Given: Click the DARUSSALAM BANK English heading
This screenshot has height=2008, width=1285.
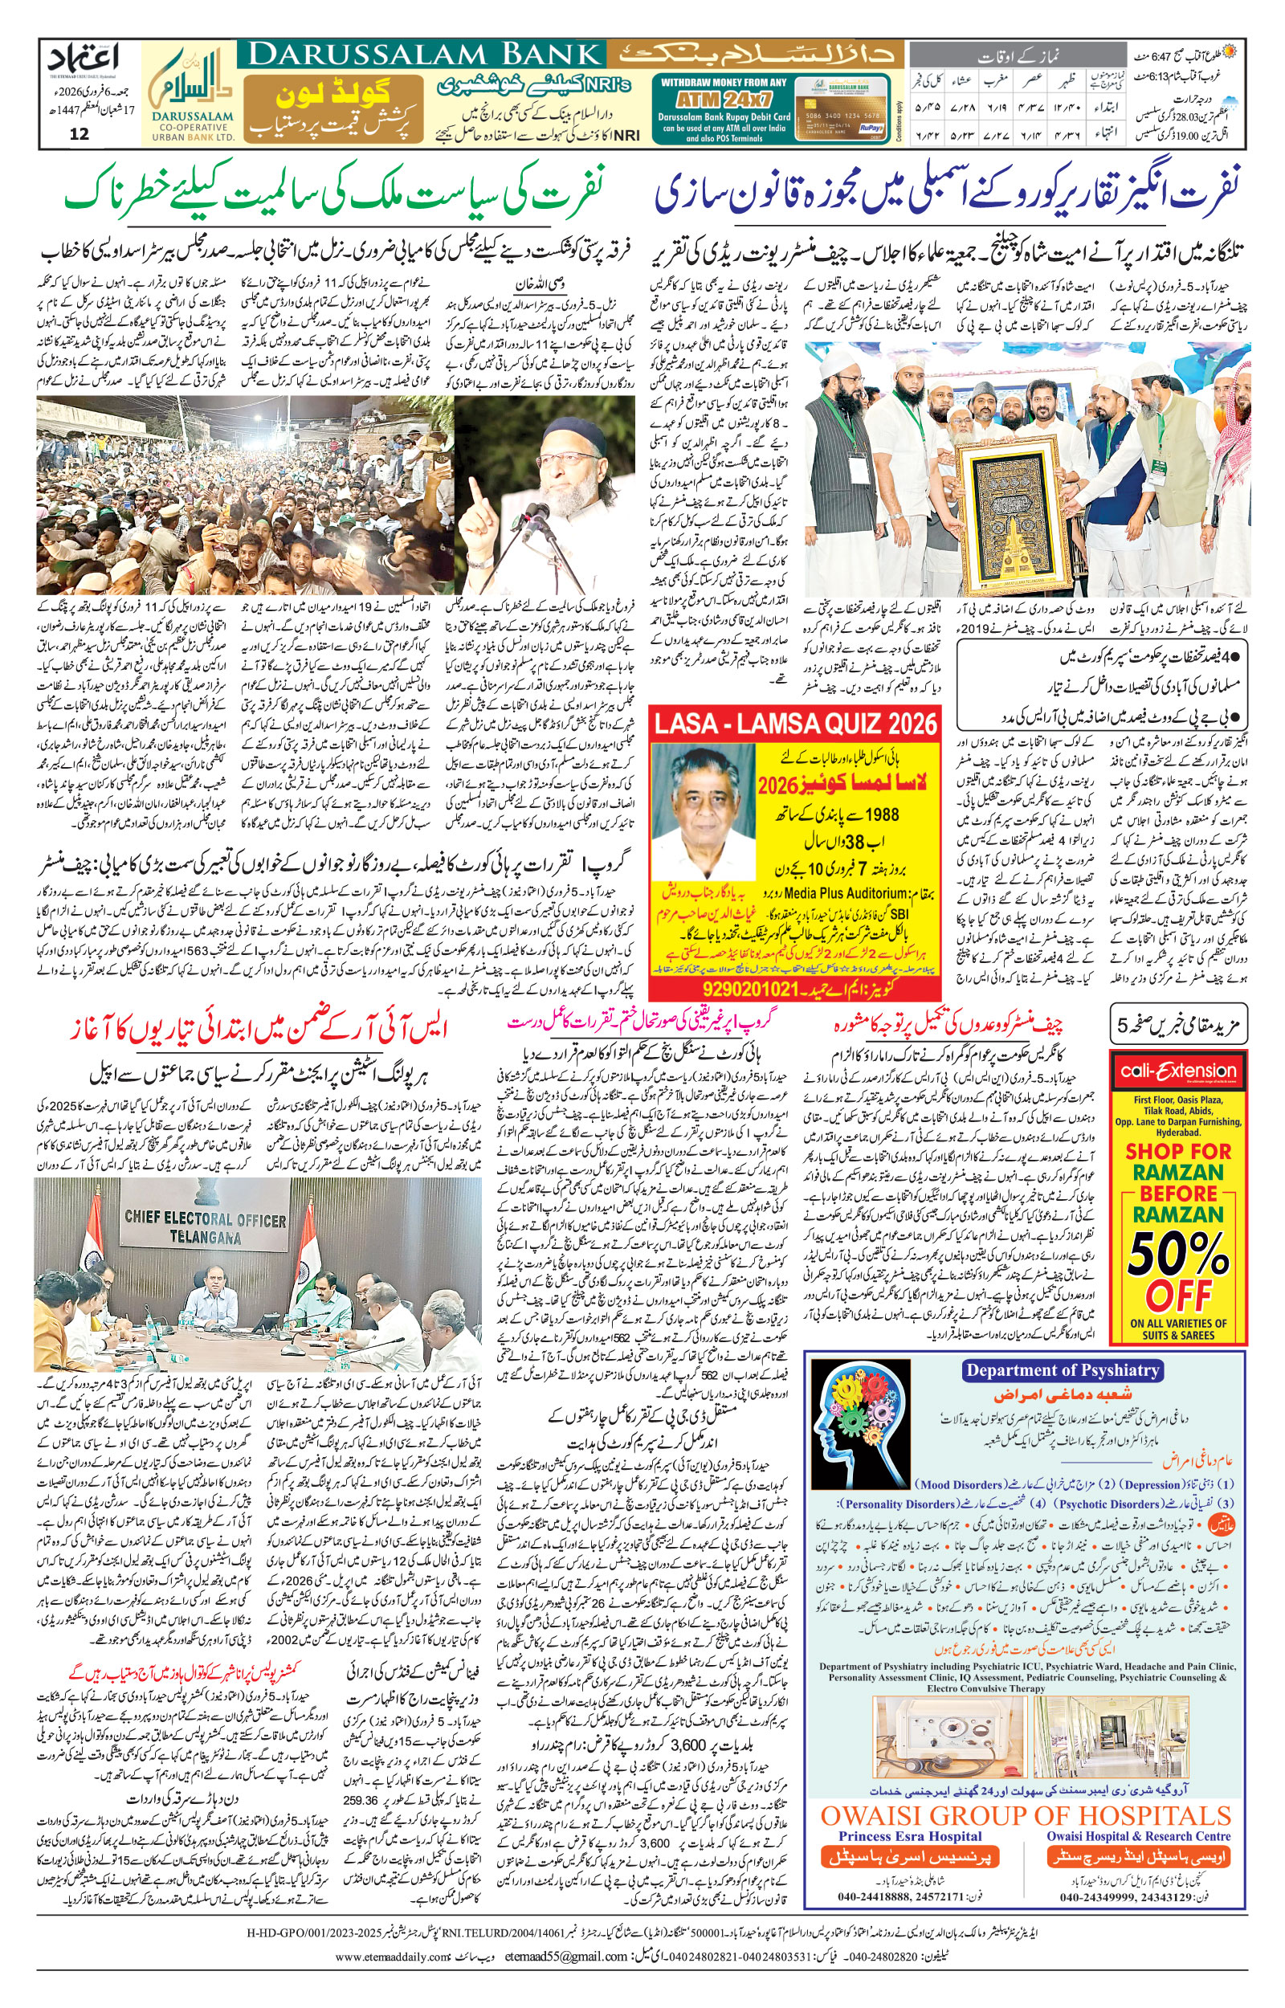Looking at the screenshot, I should point(424,55).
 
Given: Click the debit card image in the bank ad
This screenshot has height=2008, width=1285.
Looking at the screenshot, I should point(842,111).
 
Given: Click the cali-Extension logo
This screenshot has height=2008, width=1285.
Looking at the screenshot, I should point(1178,1071).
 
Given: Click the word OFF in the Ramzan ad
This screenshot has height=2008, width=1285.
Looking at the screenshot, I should point(1178,1296).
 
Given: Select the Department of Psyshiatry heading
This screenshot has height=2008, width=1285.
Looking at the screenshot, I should point(1063,1369).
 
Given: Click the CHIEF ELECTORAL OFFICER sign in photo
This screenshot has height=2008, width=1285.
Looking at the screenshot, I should point(205,1226).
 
